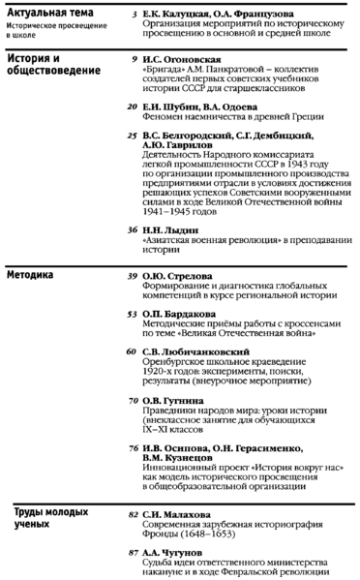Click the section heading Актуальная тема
45,11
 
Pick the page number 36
131,229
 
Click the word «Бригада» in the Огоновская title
162,72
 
